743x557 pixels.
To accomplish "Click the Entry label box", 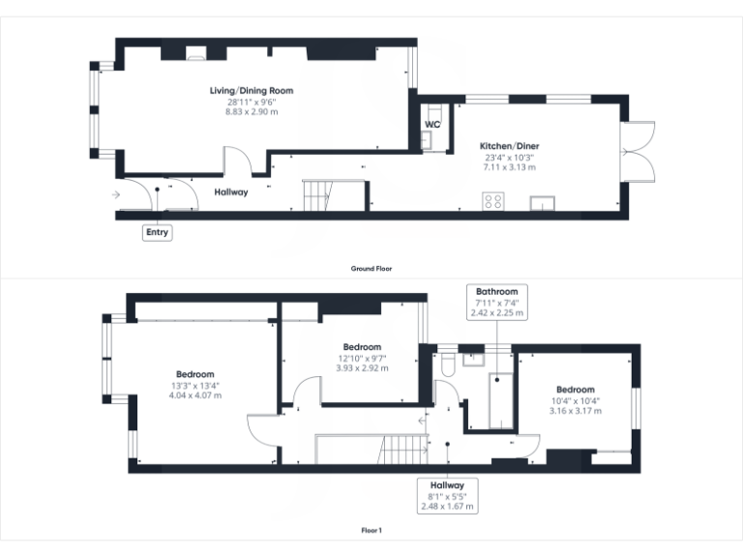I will [x=157, y=232].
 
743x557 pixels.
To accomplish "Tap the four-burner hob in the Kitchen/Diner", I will [x=492, y=202].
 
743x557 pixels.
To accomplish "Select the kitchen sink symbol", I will [x=542, y=203].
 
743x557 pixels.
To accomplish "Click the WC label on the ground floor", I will [x=432, y=124].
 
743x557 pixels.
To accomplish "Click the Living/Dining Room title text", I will [x=252, y=91].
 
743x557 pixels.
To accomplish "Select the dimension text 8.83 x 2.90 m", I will [x=252, y=111].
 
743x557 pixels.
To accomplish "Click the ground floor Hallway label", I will [x=231, y=191].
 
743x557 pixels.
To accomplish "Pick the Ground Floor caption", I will [x=371, y=269].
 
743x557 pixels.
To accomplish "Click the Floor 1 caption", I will [x=371, y=531].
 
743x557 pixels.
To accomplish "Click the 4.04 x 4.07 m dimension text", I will [x=195, y=395].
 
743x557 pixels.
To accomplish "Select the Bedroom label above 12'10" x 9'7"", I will [x=362, y=347].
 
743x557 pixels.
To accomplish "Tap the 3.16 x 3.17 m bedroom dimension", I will [x=577, y=410].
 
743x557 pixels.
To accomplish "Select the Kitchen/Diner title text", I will [x=509, y=145].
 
